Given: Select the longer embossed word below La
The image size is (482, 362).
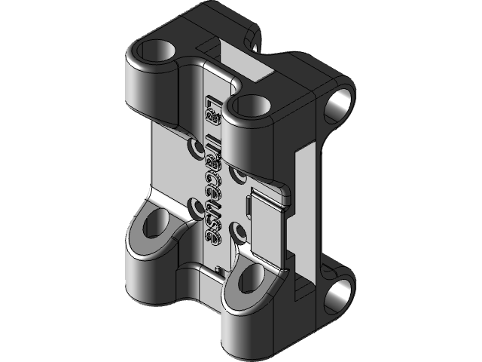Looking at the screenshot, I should pyautogui.click(x=214, y=189).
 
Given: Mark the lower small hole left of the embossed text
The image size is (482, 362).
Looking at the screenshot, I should pyautogui.click(x=200, y=205).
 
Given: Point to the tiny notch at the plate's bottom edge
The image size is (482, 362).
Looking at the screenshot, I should pyautogui.click(x=218, y=268).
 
